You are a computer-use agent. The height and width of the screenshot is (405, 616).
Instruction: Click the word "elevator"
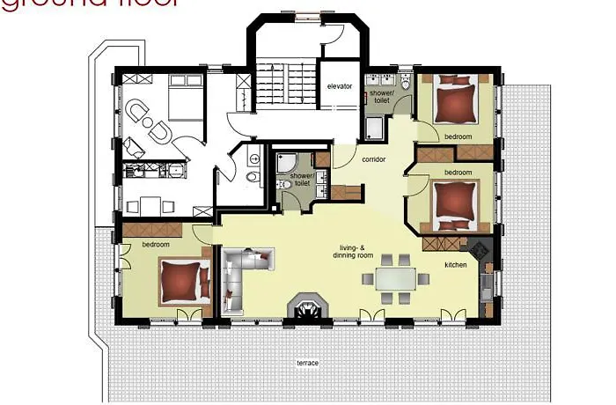(339, 86)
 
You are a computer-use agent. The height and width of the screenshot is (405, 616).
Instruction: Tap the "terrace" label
(307, 363)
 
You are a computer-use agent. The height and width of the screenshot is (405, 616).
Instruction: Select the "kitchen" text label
(455, 264)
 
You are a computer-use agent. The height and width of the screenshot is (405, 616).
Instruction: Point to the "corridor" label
(376, 159)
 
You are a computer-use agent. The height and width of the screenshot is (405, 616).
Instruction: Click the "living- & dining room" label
(348, 251)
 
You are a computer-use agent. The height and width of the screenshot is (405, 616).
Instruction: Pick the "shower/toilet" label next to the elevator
(380, 96)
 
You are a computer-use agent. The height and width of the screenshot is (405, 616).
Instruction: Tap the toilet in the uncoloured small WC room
(253, 176)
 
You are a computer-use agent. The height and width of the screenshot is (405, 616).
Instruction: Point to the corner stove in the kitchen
(481, 248)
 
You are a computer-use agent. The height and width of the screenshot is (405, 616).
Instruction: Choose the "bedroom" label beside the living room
(143, 244)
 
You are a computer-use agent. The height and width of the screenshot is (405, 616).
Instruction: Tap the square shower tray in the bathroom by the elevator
(373, 129)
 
